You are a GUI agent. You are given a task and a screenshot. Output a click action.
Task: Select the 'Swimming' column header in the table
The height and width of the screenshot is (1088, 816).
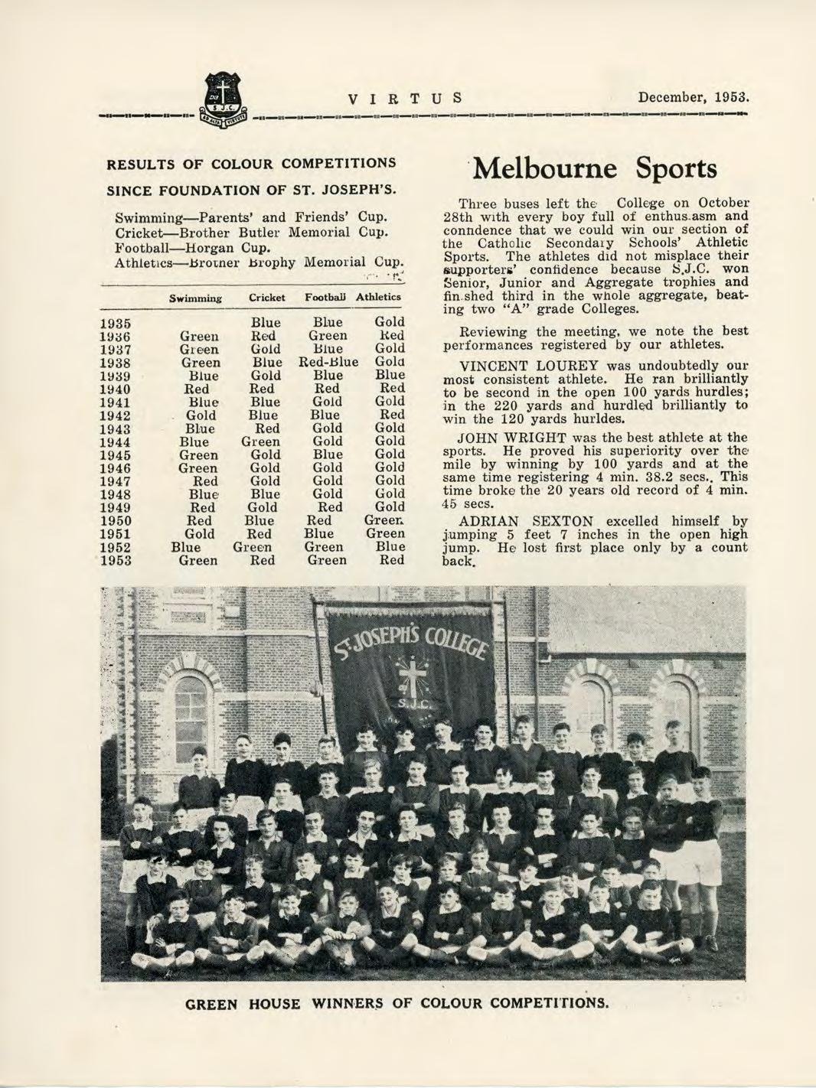click(196, 297)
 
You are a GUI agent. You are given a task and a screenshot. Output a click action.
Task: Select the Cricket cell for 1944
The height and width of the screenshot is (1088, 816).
click(261, 441)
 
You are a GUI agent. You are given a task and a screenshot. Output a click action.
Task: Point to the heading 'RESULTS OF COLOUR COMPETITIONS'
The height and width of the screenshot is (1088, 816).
click(251, 163)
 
